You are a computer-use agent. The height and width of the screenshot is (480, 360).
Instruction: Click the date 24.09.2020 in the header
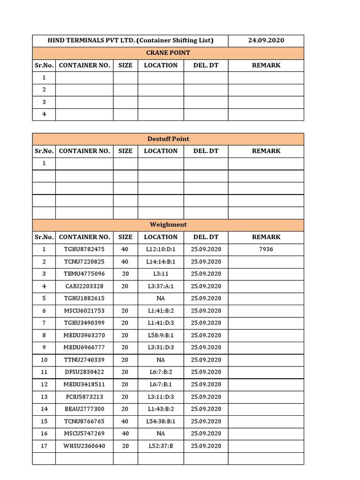tap(266, 41)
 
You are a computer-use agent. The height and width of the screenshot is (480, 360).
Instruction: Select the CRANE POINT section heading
tap(168, 53)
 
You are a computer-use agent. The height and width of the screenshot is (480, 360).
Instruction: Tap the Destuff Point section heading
tap(168, 139)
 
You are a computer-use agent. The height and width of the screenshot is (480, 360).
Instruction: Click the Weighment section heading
tap(168, 225)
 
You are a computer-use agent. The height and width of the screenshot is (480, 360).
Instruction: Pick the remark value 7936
tap(266, 249)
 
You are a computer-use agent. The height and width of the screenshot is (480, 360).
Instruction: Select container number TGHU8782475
tap(84, 249)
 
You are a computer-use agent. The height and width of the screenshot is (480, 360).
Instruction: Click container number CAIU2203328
tap(84, 286)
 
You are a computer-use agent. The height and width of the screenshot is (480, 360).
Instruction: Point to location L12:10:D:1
tap(161, 249)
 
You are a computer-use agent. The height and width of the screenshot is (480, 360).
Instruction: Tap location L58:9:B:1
tap(161, 336)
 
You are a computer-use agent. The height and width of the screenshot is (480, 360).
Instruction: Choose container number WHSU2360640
tap(84, 446)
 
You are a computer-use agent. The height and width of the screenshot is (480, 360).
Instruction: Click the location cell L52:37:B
tap(161, 446)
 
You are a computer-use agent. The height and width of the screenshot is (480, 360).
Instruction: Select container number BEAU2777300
tap(84, 409)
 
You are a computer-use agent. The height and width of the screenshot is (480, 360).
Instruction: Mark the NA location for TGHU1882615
tap(161, 299)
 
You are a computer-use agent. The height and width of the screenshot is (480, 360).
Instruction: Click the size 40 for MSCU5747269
tap(125, 434)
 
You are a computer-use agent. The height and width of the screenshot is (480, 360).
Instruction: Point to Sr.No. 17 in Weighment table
tap(44, 446)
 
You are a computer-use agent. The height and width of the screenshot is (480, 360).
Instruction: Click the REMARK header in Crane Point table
tap(266, 66)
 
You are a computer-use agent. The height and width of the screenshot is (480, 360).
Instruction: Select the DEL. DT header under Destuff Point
tap(206, 151)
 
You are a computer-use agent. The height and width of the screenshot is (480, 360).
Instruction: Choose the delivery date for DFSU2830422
tap(206, 372)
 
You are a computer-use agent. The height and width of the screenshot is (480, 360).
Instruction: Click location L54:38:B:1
tap(161, 421)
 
